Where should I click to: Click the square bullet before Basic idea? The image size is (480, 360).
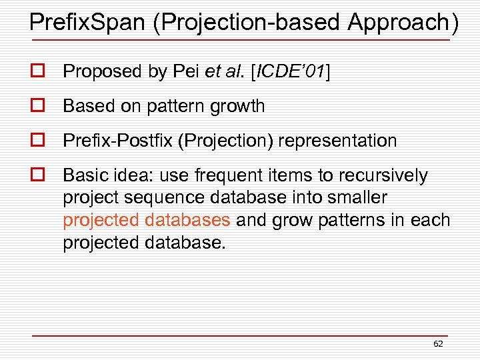pyautogui.click(x=37, y=175)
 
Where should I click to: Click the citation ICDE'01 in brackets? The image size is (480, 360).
pyautogui.click(x=291, y=71)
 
